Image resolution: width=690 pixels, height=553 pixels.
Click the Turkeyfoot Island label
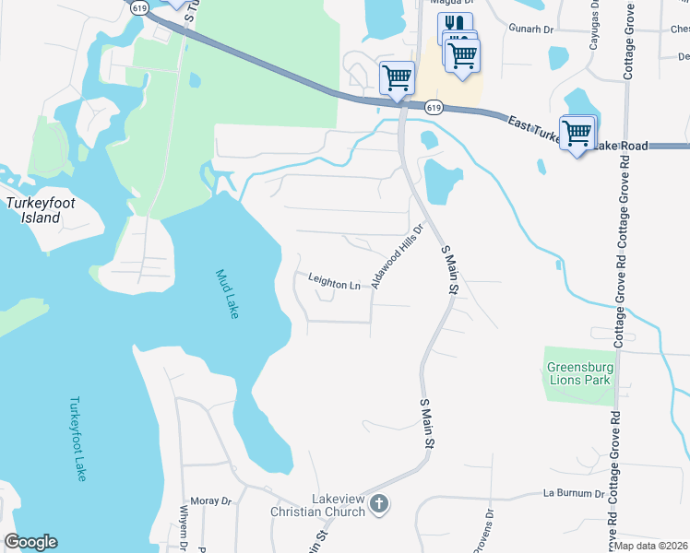click(x=33, y=210)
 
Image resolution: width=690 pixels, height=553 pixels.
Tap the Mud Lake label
click(x=227, y=294)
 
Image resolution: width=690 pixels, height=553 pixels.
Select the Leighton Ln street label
click(x=334, y=286)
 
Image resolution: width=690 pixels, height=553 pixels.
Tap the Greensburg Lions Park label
click(x=578, y=372)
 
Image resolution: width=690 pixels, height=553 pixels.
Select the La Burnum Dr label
click(x=573, y=494)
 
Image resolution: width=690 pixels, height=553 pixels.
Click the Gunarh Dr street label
click(x=530, y=29)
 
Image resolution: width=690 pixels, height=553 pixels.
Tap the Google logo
click(x=30, y=542)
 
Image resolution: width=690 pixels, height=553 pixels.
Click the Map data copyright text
click(x=652, y=546)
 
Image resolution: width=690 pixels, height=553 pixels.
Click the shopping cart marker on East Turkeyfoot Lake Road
click(x=577, y=133)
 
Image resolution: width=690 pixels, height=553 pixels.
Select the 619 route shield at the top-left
click(x=139, y=7)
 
